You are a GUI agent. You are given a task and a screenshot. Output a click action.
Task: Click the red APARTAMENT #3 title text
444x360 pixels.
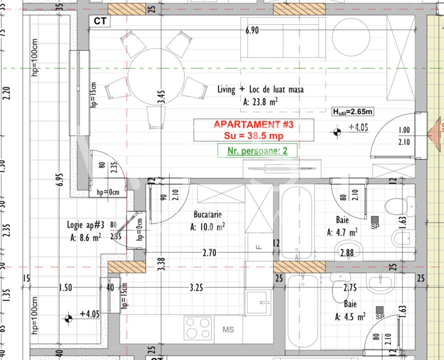[253, 124]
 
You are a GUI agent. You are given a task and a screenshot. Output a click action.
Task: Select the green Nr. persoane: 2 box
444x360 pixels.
[257, 150]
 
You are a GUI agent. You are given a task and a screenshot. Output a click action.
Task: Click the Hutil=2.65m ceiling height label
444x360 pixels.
[354, 111]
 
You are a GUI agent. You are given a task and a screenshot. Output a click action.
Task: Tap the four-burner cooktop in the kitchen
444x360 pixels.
[198, 328]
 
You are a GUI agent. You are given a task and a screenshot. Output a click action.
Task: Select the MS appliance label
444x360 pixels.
[228, 330]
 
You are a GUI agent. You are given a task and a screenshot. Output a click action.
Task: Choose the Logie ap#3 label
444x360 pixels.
[85, 225]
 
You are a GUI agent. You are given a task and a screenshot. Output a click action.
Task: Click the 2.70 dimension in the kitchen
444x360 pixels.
[209, 253]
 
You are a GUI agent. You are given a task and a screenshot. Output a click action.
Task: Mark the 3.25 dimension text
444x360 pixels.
[196, 287]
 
